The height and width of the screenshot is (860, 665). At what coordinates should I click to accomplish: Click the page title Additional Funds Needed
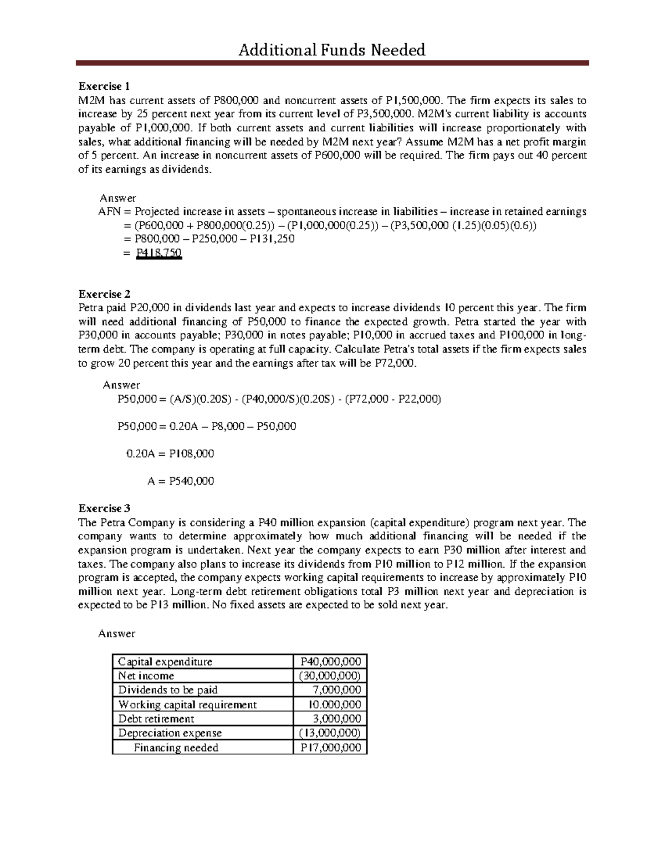pos(331,50)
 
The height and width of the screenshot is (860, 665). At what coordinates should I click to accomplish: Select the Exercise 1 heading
pos(104,86)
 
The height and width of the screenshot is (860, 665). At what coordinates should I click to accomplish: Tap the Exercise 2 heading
pos(104,294)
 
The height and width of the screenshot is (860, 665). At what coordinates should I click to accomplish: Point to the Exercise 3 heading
pos(104,508)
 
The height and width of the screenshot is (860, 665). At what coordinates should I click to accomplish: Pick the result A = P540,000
pos(181,481)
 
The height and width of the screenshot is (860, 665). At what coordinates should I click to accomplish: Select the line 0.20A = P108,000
pos(170,454)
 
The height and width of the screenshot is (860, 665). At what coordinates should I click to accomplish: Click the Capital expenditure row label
pos(165,661)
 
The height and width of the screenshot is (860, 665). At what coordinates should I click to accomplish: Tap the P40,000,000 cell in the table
pos(330,661)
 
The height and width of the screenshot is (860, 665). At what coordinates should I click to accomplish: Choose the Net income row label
pos(146,676)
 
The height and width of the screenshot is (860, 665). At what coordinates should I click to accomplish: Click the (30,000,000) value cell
pos(330,676)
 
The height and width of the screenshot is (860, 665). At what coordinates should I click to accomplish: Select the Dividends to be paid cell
pos(168,690)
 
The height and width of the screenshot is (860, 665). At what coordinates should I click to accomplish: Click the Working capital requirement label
pos(187,704)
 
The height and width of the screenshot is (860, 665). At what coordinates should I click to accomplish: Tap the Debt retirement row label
pos(156,719)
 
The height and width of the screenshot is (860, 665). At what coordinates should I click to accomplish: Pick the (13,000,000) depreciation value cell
pos(330,733)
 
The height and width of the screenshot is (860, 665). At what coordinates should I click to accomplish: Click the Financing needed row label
pos(176,748)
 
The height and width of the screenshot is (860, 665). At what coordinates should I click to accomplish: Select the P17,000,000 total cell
pos(330,748)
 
